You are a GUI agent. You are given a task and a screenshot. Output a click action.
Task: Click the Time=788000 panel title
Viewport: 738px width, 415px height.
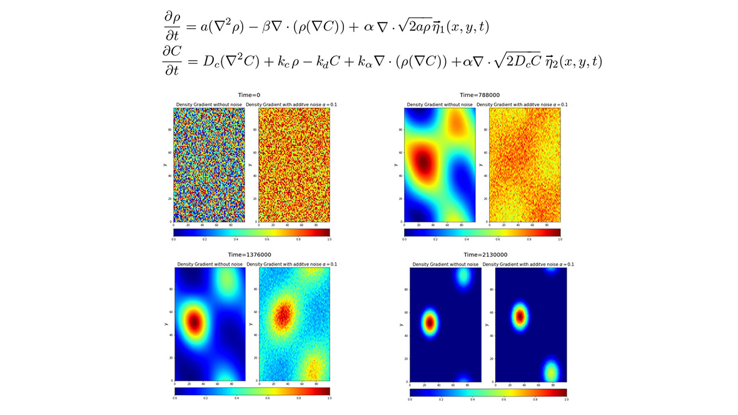482,95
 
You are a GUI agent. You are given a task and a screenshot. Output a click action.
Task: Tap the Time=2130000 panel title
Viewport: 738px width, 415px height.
488,255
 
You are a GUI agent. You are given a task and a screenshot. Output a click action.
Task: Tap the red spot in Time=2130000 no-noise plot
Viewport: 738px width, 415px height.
430,322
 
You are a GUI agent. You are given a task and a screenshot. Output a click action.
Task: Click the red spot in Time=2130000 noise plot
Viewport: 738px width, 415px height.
520,317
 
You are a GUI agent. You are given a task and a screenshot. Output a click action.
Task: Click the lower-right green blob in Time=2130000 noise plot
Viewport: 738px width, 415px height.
551,372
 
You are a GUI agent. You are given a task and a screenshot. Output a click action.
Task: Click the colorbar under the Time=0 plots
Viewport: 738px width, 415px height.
251,232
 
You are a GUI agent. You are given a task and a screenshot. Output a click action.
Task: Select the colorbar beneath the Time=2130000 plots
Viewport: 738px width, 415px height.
488,392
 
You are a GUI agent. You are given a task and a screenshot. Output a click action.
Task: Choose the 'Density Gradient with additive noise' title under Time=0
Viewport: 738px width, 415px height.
291,104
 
